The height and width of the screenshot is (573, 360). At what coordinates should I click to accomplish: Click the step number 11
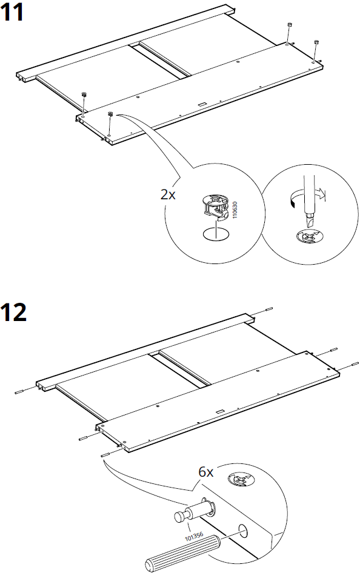coord(13,13)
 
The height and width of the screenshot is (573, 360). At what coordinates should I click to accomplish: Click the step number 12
coord(15,313)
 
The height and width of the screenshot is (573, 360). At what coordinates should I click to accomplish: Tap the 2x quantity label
coord(168,195)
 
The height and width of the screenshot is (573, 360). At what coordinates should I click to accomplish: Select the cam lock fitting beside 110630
coord(215,206)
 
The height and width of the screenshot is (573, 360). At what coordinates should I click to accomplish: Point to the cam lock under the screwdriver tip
coord(308,236)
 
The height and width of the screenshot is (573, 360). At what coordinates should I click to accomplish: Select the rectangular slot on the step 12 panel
coord(219,411)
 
